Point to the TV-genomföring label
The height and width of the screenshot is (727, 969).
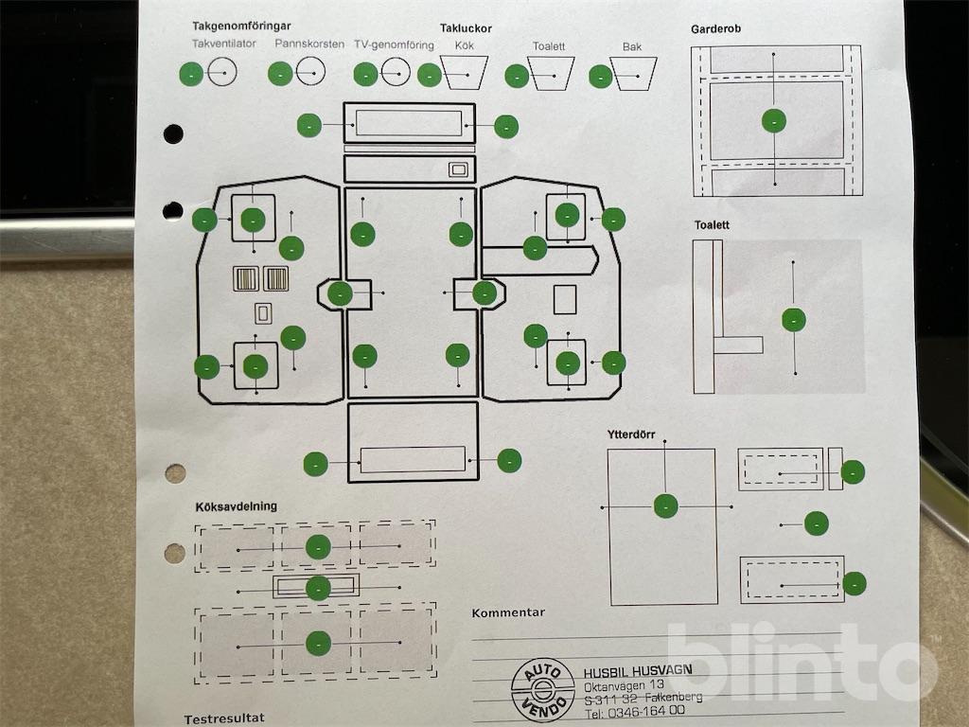click(x=394, y=44)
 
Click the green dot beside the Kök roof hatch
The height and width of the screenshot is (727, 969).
click(x=430, y=75)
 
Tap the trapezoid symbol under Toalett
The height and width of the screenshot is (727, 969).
click(x=551, y=73)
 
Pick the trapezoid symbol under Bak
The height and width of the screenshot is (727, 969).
click(x=634, y=73)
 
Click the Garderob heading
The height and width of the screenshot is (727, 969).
click(x=716, y=28)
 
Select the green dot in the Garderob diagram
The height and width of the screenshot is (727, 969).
click(x=774, y=120)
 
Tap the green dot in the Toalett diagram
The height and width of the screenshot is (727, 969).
click(x=794, y=320)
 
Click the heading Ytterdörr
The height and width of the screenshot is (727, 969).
click(x=631, y=434)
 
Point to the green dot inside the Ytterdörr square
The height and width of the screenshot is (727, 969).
click(x=666, y=506)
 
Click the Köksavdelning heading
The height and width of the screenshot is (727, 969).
click(x=236, y=506)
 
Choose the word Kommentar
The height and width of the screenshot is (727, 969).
click(x=508, y=612)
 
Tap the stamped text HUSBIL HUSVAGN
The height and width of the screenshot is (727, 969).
click(x=638, y=670)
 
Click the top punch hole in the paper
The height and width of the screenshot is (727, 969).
click(x=173, y=133)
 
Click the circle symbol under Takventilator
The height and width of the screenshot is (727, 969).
click(x=221, y=73)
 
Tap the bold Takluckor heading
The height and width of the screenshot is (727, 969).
click(x=466, y=28)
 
